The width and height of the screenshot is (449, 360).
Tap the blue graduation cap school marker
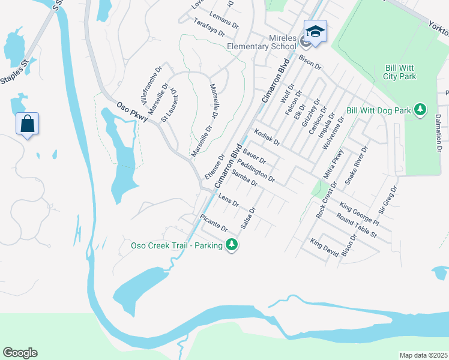(315, 30)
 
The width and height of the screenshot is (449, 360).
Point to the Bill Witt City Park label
(399, 72)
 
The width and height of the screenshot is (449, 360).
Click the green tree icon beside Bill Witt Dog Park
(421, 109)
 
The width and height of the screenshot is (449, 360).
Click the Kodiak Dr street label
(267, 137)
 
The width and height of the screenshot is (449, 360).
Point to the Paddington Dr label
(256, 171)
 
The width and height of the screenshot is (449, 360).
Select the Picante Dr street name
(214, 224)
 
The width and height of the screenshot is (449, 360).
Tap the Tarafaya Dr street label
(208, 26)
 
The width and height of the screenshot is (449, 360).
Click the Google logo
(20, 353)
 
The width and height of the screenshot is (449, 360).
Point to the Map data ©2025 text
(423, 355)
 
